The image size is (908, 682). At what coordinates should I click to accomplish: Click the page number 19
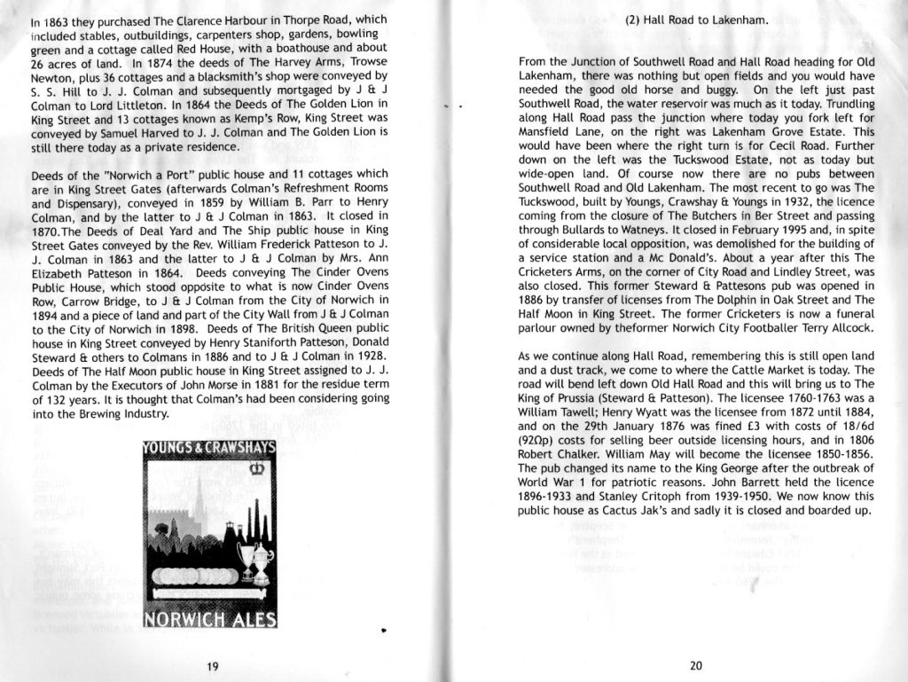(212, 666)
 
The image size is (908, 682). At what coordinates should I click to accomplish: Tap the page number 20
(694, 665)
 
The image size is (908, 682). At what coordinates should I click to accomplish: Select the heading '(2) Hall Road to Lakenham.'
(696, 19)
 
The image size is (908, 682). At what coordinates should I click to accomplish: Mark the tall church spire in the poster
(199, 497)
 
